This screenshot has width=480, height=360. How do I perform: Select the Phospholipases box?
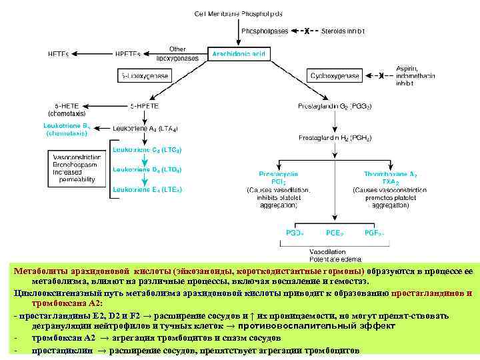265,31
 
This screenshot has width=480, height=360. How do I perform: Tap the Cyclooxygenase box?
333,76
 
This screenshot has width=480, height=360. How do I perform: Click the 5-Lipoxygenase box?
144,77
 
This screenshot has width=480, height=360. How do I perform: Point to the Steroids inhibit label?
343,31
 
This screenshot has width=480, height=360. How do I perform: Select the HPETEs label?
129,53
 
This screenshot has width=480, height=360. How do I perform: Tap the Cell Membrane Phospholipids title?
238,13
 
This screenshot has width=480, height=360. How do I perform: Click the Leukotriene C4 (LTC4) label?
147,149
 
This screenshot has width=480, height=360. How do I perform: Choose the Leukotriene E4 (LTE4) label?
147,189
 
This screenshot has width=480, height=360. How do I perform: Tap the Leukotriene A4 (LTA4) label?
145,127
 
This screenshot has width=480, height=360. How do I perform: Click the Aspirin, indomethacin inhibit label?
415,76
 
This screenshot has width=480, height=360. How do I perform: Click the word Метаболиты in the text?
39,271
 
